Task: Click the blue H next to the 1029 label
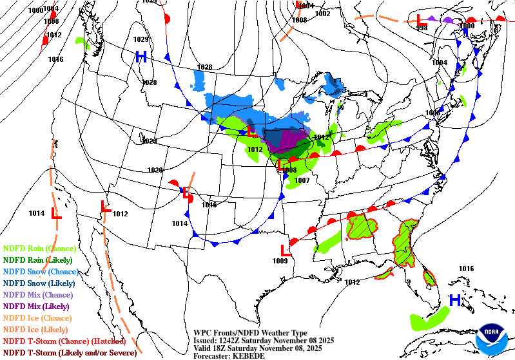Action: (141, 57)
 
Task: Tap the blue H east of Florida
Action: (455, 299)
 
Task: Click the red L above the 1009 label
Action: (286, 250)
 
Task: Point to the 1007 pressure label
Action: (302, 180)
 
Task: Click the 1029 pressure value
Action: (141, 39)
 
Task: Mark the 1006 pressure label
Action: (432, 113)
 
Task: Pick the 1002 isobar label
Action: (322, 14)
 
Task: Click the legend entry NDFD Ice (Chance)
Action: (37, 317)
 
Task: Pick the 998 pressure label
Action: (422, 28)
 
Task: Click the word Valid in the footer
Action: (204, 348)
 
